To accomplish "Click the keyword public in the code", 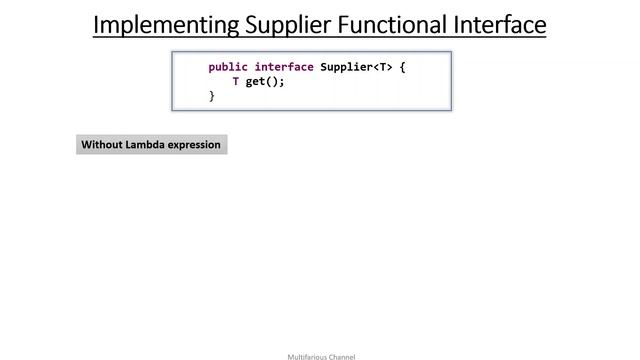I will (x=228, y=67).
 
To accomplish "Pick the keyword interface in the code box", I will (x=284, y=67).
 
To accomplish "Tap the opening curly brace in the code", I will (x=402, y=67).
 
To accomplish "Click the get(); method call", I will (x=265, y=82).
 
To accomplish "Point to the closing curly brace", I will (x=211, y=96).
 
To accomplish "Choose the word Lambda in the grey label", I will (x=146, y=145).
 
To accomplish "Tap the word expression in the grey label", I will (x=195, y=145).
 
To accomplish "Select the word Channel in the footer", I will (x=341, y=356).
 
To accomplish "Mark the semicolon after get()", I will (x=283, y=82).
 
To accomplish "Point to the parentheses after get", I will (x=273, y=82).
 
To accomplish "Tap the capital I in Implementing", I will (x=97, y=24).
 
